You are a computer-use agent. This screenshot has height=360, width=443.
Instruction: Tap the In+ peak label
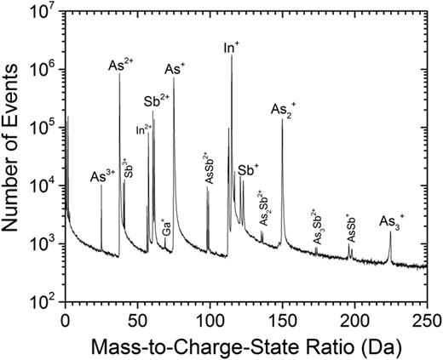tap(230, 48)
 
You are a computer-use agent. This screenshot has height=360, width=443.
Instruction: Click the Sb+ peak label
tap(249, 170)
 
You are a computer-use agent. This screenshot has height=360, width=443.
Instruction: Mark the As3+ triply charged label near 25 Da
tap(102, 177)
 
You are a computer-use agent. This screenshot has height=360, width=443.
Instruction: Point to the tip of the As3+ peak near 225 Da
tap(390, 232)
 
